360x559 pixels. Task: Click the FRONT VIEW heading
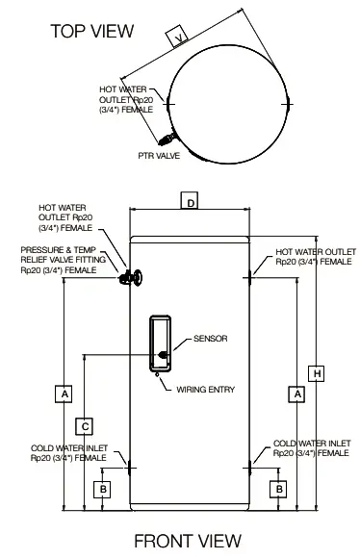tap(187, 541)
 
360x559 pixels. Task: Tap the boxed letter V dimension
tap(177, 38)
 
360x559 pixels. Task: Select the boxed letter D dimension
tap(191, 202)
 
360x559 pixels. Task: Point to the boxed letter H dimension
tap(317, 372)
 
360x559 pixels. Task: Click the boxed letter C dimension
tap(85, 424)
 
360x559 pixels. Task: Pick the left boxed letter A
tap(64, 394)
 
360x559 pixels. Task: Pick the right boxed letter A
tap(297, 394)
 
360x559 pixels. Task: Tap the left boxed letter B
tap(103, 489)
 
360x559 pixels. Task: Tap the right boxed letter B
tap(278, 489)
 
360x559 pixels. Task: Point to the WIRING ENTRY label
tap(205, 389)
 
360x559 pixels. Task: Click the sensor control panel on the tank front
tap(161, 343)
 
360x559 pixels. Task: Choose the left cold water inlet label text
tap(68, 453)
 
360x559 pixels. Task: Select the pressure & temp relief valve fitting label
tap(59, 260)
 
